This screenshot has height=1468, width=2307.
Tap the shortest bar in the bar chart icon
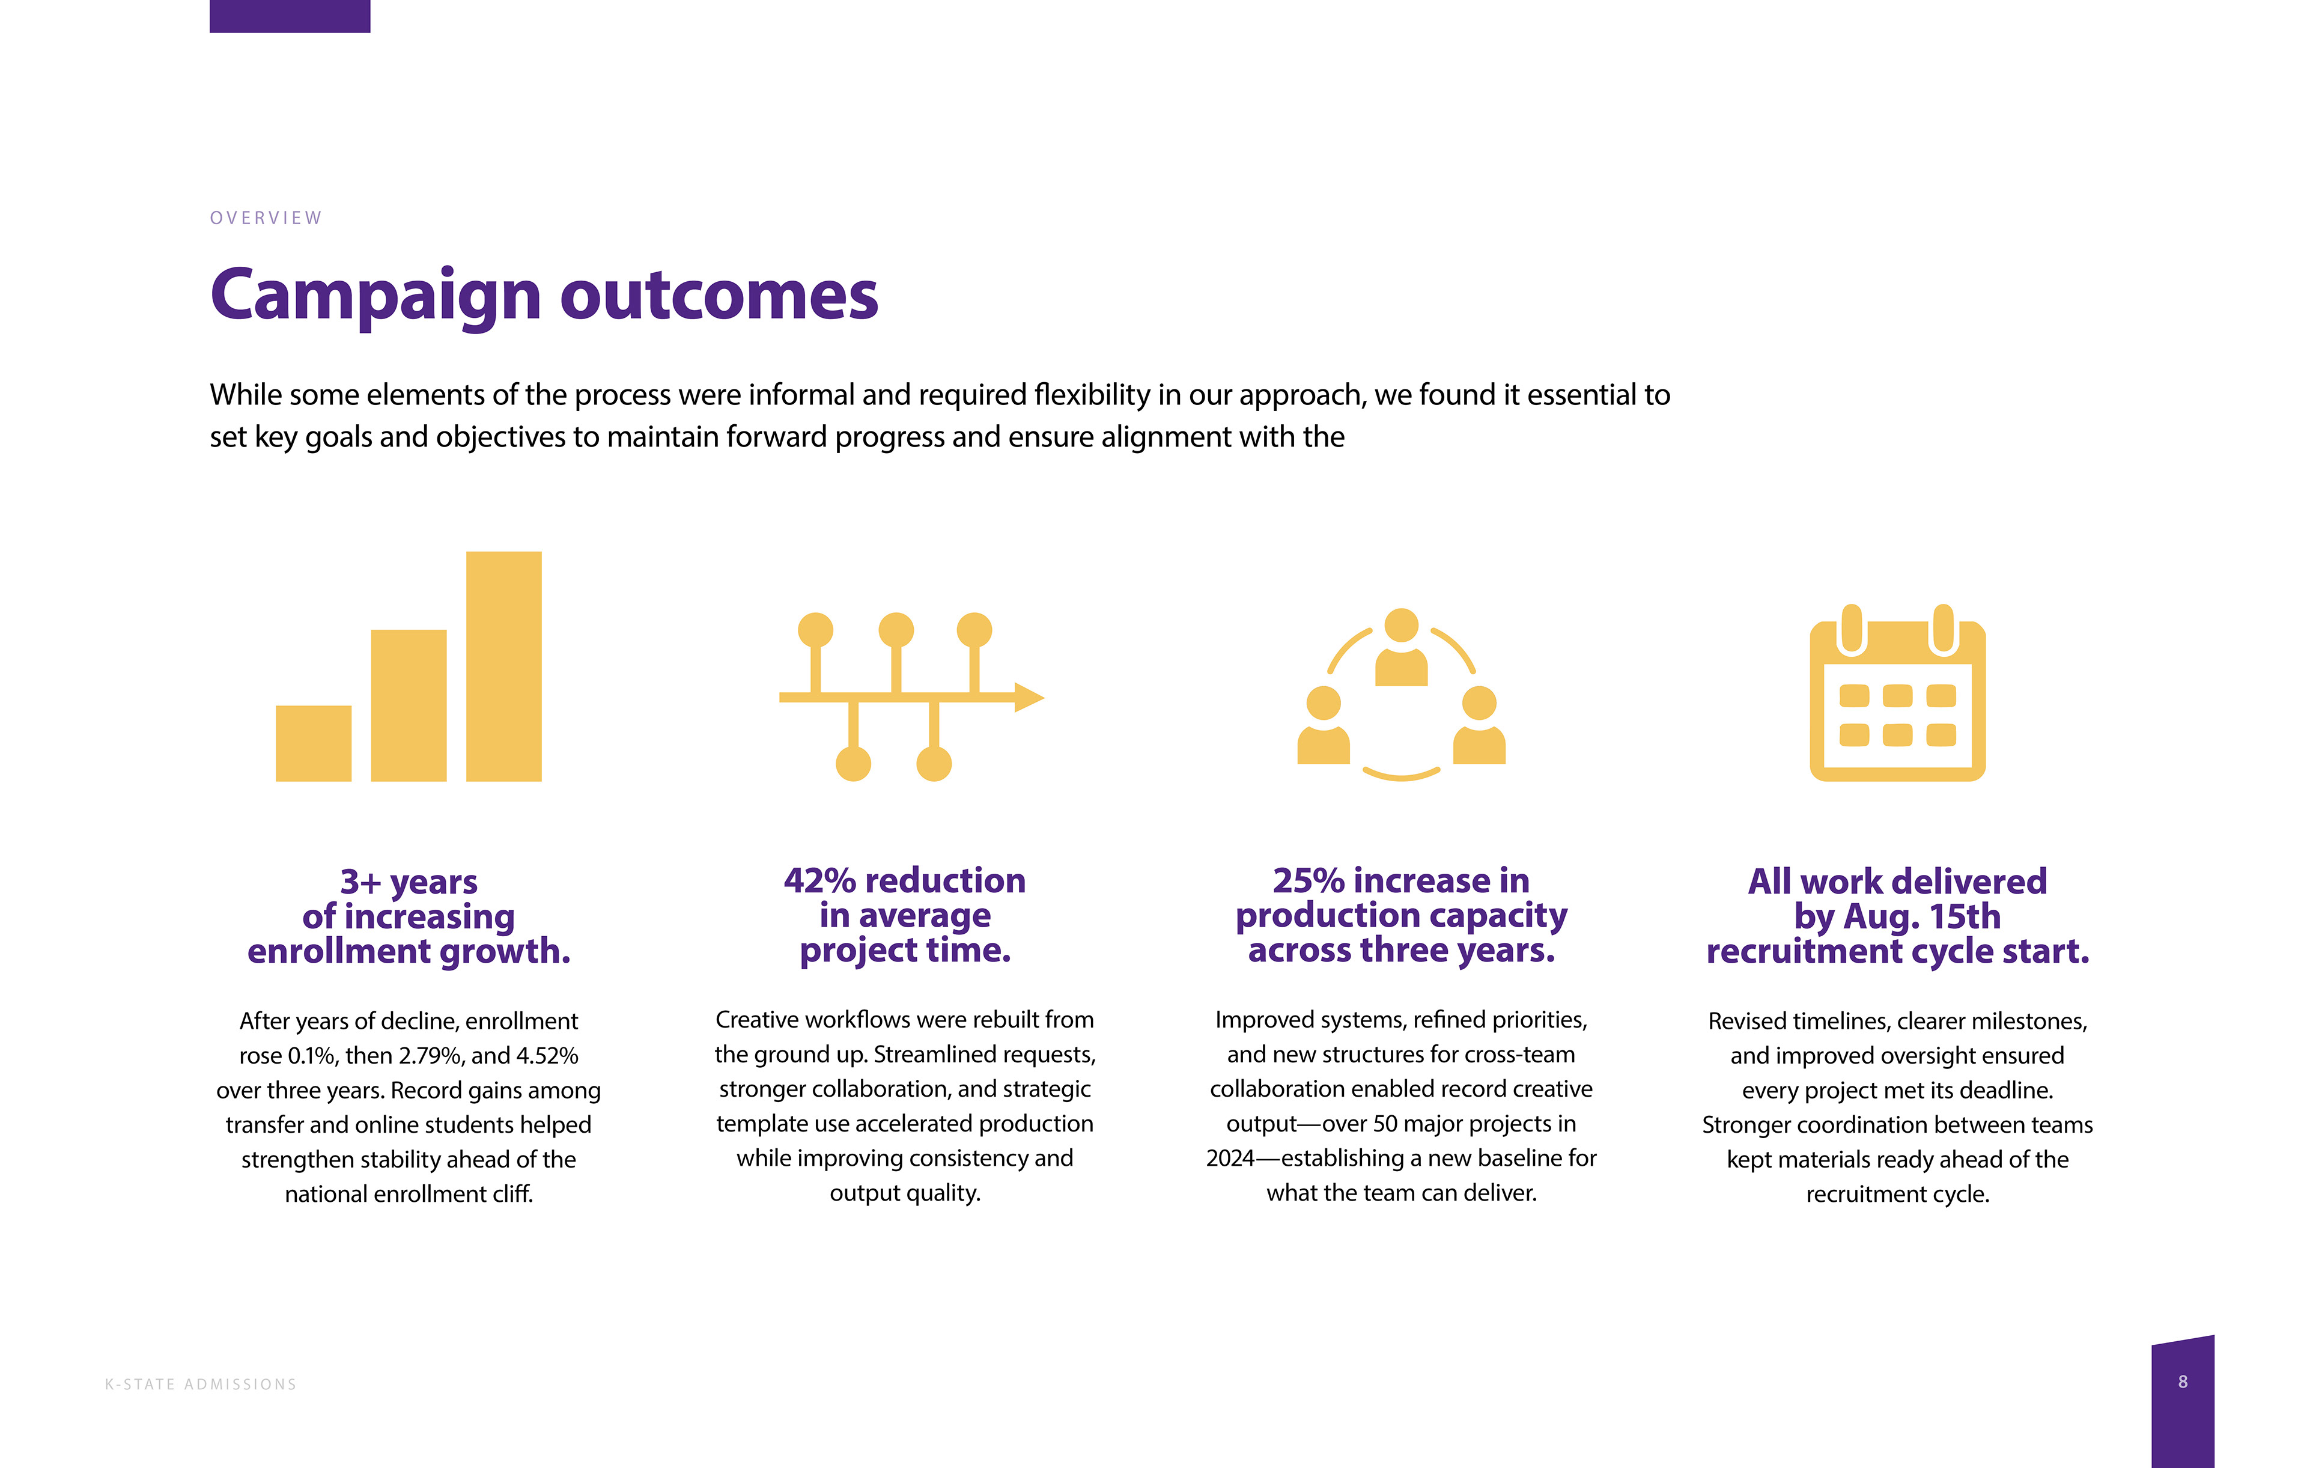(313, 743)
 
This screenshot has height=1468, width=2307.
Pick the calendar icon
(1897, 695)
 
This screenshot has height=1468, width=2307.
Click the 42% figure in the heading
(819, 880)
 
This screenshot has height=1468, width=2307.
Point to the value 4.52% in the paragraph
(547, 1056)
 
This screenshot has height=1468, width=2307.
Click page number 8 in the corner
(2183, 1381)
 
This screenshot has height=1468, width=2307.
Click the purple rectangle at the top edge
(290, 16)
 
